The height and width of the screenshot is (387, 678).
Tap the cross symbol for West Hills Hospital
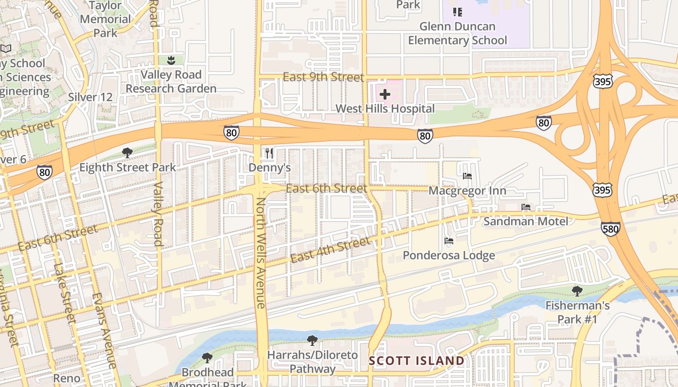tap(385, 94)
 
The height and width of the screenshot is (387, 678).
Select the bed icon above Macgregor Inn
tap(467, 176)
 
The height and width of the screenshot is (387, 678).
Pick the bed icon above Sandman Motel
tap(526, 207)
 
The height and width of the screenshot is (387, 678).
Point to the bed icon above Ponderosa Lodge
tap(449, 240)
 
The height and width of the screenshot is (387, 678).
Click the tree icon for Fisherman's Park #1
tap(577, 291)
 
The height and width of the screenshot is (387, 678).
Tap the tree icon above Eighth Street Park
tap(127, 153)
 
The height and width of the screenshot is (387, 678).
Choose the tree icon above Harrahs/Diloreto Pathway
tap(312, 341)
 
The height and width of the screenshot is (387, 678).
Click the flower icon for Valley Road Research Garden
tap(170, 60)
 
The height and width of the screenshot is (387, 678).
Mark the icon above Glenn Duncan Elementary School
tap(457, 12)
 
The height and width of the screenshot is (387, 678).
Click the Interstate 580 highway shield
tap(610, 228)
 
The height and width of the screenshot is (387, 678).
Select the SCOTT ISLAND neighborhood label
tap(416, 361)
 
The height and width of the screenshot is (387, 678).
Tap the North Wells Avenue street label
tap(261, 253)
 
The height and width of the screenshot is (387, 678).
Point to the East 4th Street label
tap(331, 251)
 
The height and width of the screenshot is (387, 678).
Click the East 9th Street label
tap(323, 77)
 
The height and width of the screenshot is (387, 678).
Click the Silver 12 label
tap(90, 97)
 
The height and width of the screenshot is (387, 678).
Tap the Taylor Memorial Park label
tap(105, 19)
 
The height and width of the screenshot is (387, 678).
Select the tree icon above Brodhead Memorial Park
tap(207, 358)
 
